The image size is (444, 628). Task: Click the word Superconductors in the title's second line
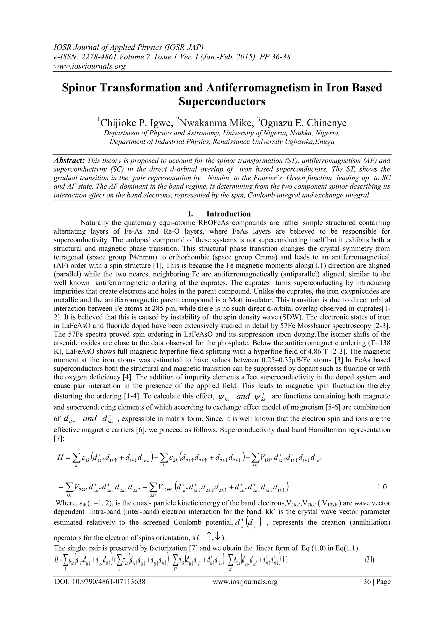pyautogui.click(x=222, y=102)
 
